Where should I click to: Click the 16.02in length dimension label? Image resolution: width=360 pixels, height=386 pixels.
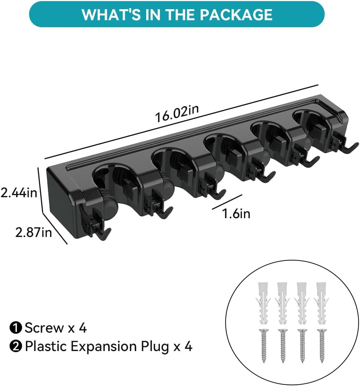point(177,113)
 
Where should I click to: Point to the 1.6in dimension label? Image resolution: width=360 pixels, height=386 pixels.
point(236,213)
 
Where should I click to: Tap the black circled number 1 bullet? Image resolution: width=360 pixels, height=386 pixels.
point(16,328)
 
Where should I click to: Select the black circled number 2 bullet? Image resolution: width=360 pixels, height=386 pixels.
point(16,347)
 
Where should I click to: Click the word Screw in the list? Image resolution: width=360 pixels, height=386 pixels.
point(44,328)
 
